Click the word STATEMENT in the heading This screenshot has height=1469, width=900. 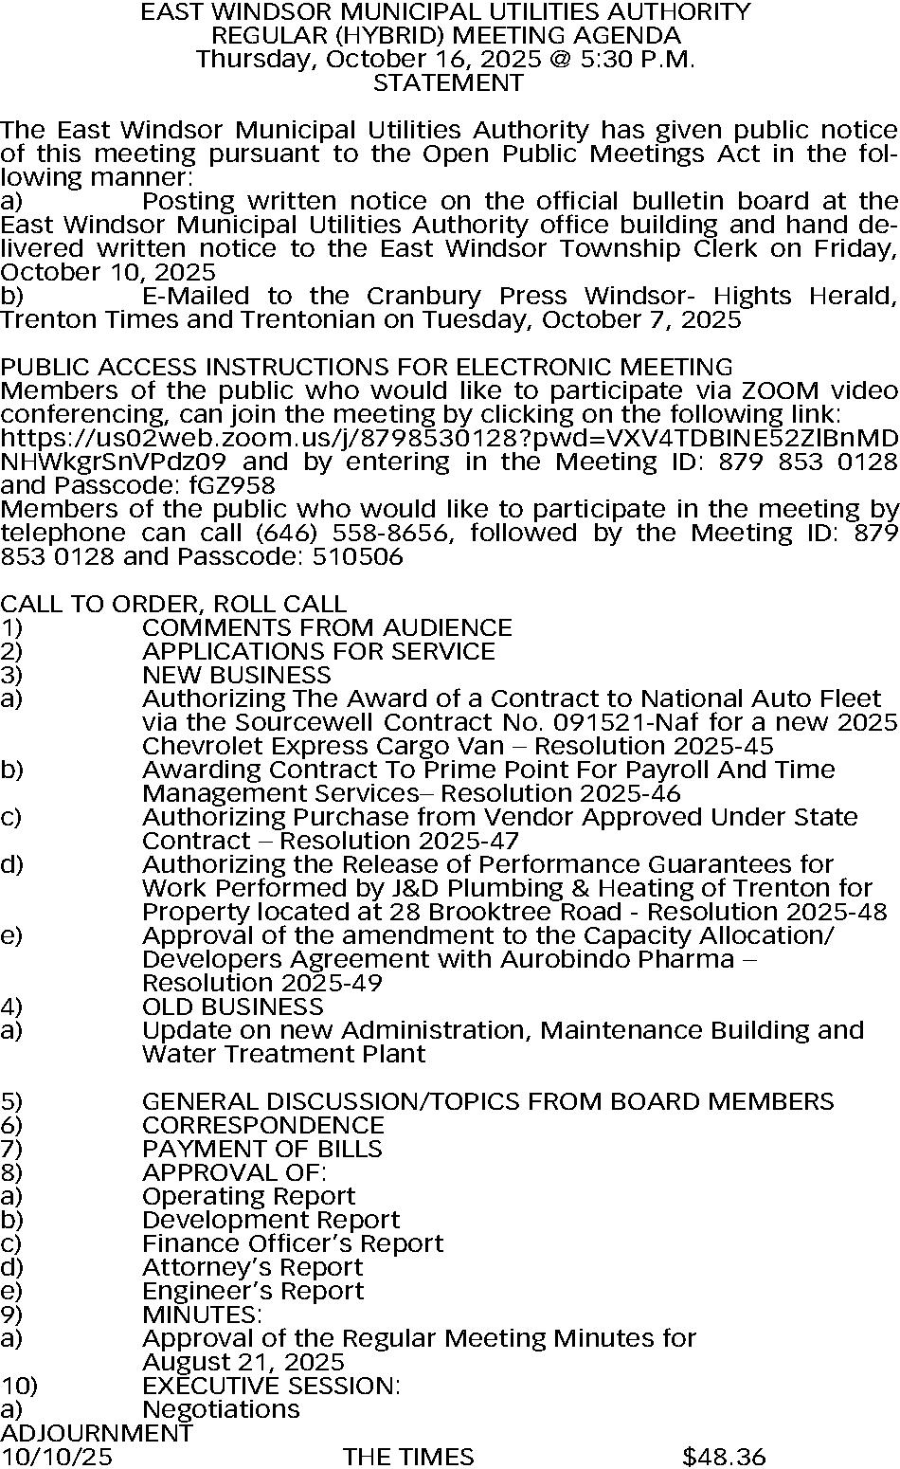(448, 83)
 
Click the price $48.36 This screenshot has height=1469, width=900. (724, 1457)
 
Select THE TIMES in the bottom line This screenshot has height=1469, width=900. (408, 1457)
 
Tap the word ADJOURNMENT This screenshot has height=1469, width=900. (97, 1433)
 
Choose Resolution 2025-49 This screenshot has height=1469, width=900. (262, 984)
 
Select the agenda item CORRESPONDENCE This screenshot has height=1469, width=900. (263, 1126)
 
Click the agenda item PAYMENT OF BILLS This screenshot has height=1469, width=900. (262, 1150)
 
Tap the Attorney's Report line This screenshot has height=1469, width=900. (253, 1268)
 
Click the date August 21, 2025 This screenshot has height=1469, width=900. (243, 1363)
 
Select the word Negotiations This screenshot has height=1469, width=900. (221, 1410)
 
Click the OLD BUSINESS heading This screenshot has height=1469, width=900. (233, 1007)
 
